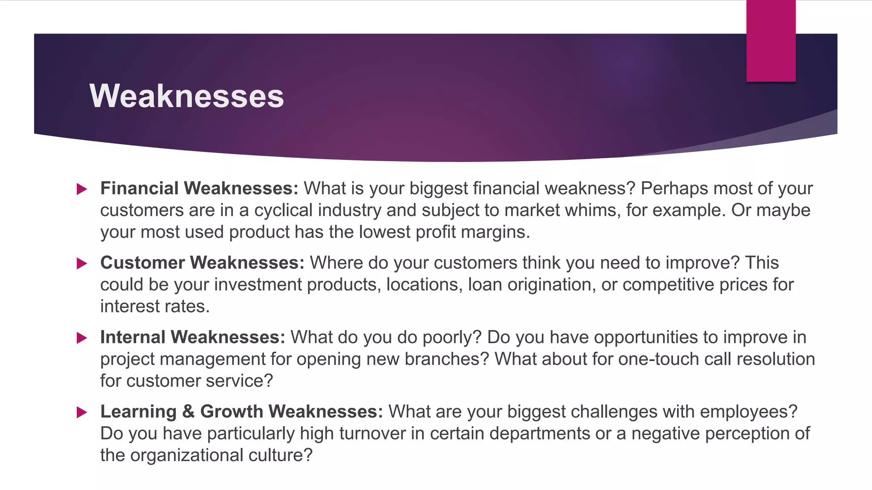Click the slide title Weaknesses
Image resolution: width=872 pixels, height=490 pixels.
[186, 96]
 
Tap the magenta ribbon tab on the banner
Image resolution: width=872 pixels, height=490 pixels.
[771, 41]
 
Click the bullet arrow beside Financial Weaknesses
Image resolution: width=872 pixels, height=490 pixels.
[82, 189]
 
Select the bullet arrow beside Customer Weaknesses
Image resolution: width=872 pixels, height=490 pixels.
[82, 263]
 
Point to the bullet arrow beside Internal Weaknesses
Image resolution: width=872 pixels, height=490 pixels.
[82, 338]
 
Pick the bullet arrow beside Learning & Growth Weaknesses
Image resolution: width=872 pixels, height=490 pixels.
[82, 412]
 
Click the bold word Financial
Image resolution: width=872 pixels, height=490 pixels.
[139, 188]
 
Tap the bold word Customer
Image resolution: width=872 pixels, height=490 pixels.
[142, 263]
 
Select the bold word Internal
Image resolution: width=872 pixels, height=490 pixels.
[133, 337]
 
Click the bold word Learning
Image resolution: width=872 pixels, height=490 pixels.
[138, 412]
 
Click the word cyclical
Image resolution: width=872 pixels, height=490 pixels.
[283, 210]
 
